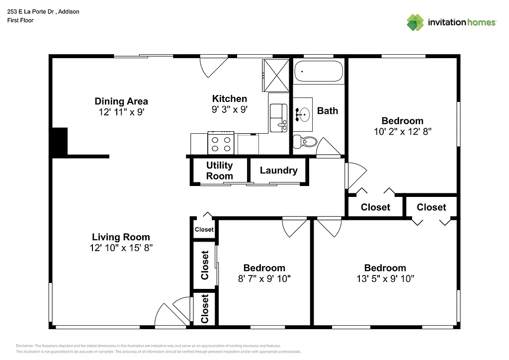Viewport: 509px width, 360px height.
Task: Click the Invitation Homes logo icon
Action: click(415, 22)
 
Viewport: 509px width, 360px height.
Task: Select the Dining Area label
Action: click(121, 101)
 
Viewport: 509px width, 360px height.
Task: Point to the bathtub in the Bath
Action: click(319, 71)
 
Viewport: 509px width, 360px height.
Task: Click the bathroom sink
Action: click(302, 115)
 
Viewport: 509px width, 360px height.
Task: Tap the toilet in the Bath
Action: click(305, 142)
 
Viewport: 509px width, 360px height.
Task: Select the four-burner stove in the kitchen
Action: click(221, 143)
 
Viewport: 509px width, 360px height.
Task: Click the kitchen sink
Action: click(278, 118)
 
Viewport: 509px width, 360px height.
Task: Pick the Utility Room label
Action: click(219, 171)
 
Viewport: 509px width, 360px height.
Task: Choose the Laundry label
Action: click(278, 171)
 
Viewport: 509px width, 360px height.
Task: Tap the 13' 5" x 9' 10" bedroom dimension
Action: click(385, 278)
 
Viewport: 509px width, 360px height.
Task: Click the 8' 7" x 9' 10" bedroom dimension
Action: click(264, 278)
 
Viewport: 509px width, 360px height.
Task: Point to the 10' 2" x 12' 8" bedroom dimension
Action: click(402, 132)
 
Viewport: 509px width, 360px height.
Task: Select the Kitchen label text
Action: click(229, 98)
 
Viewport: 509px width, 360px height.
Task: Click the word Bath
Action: click(327, 110)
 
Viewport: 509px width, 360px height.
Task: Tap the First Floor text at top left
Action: click(20, 20)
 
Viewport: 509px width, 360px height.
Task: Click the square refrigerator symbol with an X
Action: click(275, 75)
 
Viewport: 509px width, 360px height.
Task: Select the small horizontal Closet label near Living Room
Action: click(204, 229)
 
